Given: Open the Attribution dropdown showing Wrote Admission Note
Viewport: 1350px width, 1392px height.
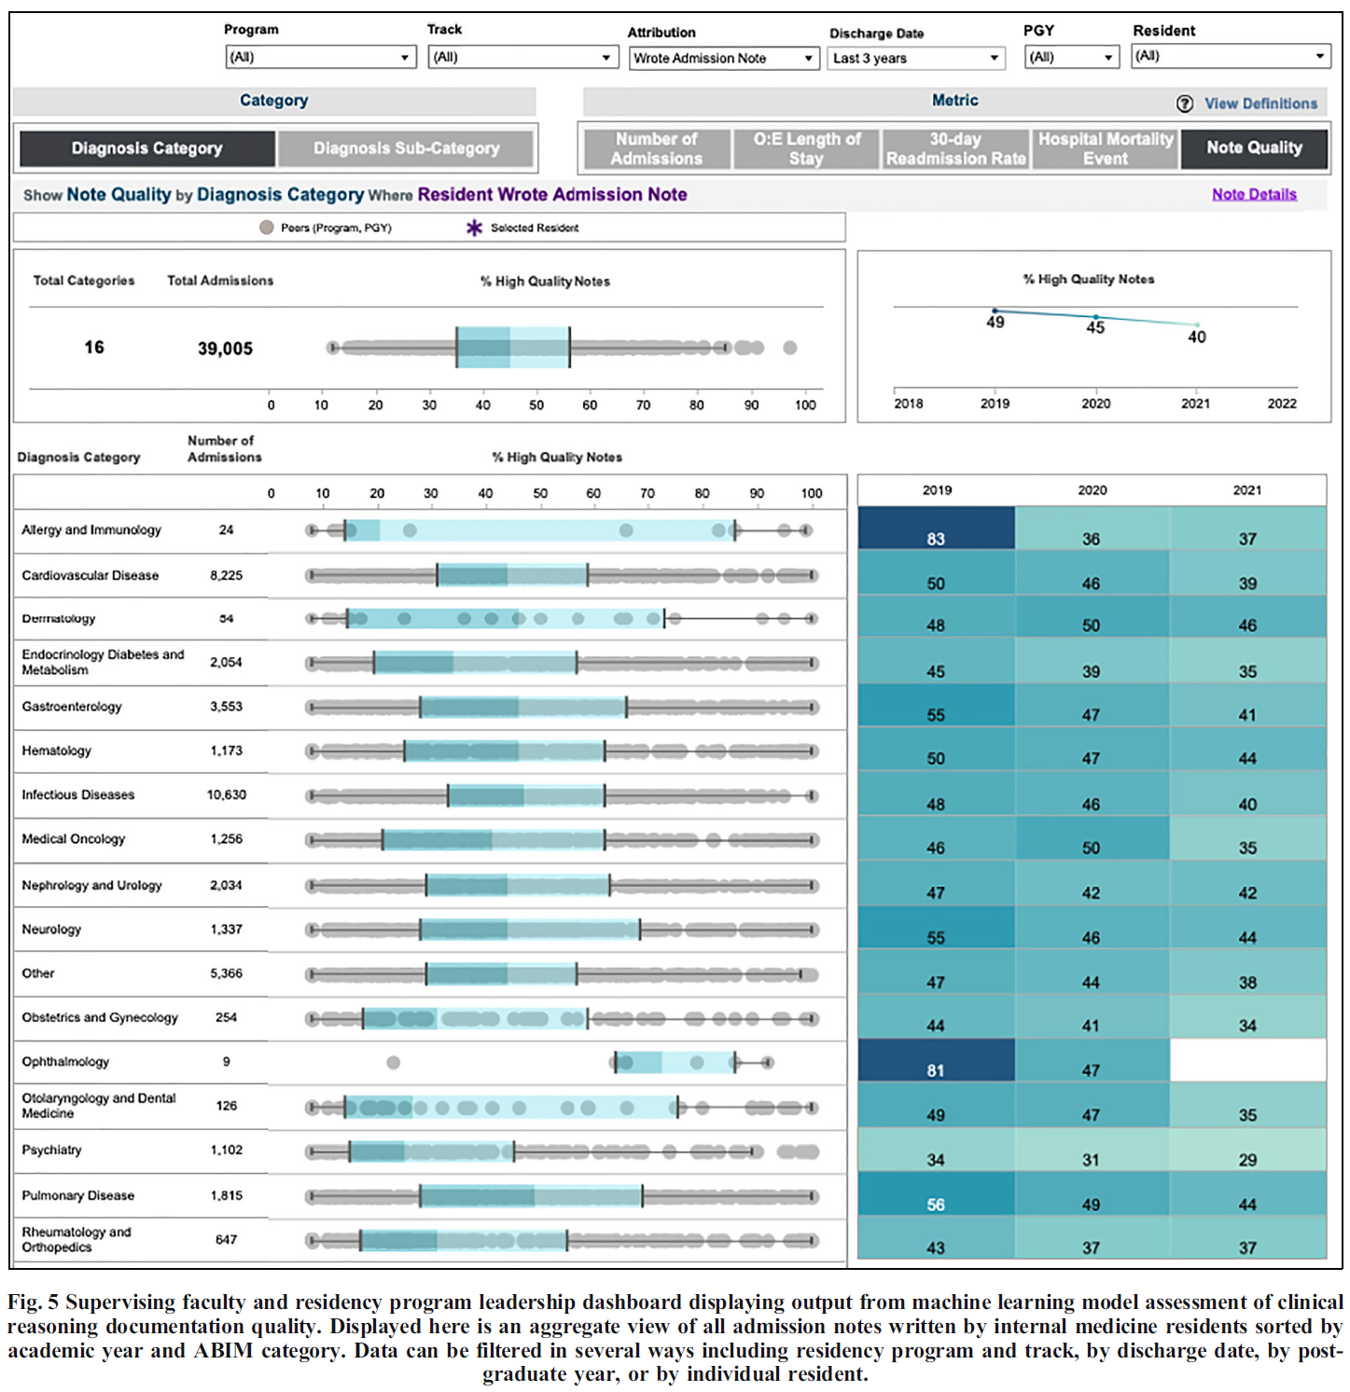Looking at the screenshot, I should pyautogui.click(x=724, y=58).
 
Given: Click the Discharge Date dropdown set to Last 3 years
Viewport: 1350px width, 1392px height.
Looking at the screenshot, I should pyautogui.click(x=915, y=58).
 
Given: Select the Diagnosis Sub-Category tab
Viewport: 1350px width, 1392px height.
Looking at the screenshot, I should pyautogui.click(x=406, y=148).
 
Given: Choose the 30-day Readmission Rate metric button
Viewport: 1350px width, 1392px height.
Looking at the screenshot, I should pyautogui.click(x=955, y=148).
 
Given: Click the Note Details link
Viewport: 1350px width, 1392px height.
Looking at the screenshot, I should pyautogui.click(x=1254, y=194).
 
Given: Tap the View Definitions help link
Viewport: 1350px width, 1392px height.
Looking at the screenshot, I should pyautogui.click(x=1260, y=103).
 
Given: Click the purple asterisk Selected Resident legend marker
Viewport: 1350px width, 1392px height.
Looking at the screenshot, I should pyautogui.click(x=474, y=227).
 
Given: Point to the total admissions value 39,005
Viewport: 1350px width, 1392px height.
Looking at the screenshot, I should pyautogui.click(x=225, y=349).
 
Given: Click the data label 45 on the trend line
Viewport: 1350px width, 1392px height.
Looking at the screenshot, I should pyautogui.click(x=1095, y=327).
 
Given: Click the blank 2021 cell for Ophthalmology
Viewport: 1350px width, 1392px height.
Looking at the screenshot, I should pyautogui.click(x=1247, y=1061).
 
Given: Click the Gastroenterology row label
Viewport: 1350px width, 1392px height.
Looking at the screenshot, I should pyautogui.click(x=72, y=707).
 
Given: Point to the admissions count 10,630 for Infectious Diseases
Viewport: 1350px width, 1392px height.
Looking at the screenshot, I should pyautogui.click(x=227, y=795).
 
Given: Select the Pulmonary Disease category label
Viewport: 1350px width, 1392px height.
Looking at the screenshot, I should pyautogui.click(x=78, y=1195).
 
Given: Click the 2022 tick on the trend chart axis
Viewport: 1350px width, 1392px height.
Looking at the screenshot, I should pyautogui.click(x=1281, y=403).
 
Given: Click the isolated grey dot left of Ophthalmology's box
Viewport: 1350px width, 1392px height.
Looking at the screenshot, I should pyautogui.click(x=394, y=1062).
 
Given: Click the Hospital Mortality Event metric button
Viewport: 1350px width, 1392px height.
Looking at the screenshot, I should pyautogui.click(x=1105, y=148).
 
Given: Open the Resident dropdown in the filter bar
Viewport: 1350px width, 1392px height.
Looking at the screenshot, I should pyautogui.click(x=1231, y=56).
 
